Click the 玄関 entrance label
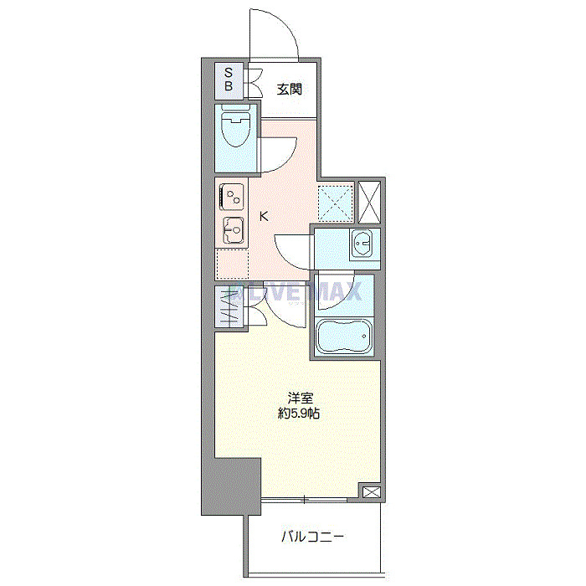289,90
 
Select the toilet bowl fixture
234,131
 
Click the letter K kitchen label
265,217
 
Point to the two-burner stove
232,197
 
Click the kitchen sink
232,228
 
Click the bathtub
343,337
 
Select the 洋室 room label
300,398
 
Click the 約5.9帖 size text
300,414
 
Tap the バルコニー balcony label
312,537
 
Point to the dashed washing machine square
335,202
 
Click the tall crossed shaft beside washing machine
368,202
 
